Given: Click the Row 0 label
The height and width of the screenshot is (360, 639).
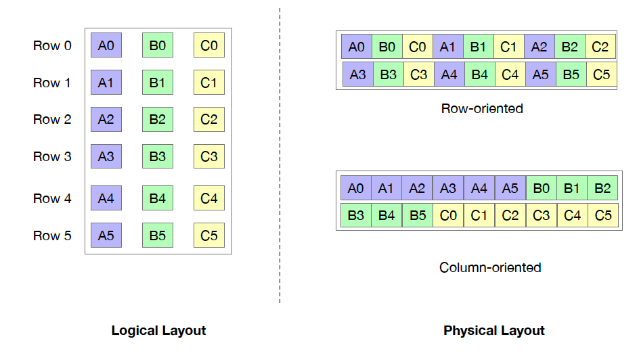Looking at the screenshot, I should point(52,46).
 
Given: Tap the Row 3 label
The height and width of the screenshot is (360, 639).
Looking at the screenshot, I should point(52,157).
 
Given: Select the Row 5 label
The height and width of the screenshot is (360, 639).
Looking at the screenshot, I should point(52,236).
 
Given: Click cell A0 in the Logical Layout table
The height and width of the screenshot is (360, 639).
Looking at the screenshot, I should point(106,46).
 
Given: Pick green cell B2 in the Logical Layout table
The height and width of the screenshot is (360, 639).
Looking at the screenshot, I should point(158,120).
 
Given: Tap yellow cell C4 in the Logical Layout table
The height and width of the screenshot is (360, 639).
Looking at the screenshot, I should point(209,198).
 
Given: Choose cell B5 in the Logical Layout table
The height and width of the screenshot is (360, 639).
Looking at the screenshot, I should point(158,235).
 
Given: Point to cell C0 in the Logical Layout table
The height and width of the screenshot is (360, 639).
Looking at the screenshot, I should point(209,46).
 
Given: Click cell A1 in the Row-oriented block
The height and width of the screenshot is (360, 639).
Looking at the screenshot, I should point(448,47).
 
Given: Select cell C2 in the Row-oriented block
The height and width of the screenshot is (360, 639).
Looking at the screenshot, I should point(600,47).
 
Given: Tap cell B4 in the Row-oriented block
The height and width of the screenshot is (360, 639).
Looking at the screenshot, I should point(479,74).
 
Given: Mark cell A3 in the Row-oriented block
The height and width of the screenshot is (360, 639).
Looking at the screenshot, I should point(357,74).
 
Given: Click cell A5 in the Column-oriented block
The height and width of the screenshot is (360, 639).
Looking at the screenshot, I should point(510,188).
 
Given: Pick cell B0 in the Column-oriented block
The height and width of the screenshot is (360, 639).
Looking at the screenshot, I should point(541,188).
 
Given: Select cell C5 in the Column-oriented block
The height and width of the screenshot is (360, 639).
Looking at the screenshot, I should point(602,216).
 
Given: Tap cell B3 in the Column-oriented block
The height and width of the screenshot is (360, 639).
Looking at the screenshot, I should point(356,216).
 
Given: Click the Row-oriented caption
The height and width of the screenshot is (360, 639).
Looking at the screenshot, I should point(482,108).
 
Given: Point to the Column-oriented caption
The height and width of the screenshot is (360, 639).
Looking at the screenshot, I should point(490,267).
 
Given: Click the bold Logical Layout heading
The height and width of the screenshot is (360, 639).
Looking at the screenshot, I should point(158,331).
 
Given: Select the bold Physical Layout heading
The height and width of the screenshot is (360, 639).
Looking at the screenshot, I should point(494,331).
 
